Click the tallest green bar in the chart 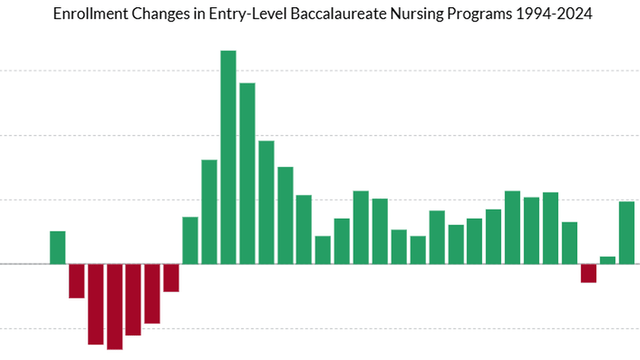[x=228, y=157]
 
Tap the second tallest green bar [x=247, y=173]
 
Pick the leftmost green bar [x=58, y=247]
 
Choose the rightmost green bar [x=627, y=232]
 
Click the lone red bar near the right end [x=589, y=273]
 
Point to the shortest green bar [x=608, y=260]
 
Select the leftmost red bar [x=77, y=281]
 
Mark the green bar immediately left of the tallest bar [x=209, y=211]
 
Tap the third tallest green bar [x=266, y=202]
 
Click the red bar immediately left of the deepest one [x=96, y=304]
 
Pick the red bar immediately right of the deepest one [x=133, y=299]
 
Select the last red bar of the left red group [x=171, y=278]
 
